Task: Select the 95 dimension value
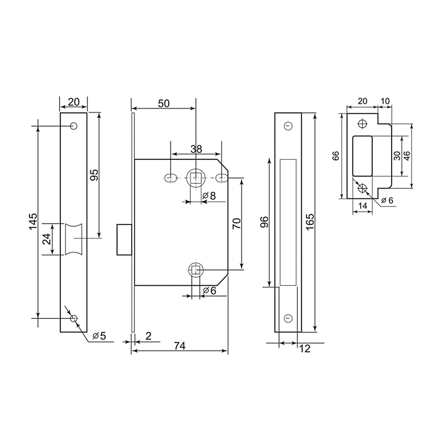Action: click(x=94, y=175)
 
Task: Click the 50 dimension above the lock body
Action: click(x=163, y=103)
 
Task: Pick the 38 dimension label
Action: click(x=196, y=149)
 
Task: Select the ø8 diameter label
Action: click(x=209, y=196)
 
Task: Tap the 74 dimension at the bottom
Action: click(x=179, y=346)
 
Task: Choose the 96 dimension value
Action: click(x=264, y=222)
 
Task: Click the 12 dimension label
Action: click(x=305, y=349)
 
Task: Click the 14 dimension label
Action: click(x=362, y=206)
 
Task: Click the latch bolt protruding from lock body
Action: click(x=124, y=240)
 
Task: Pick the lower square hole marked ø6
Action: click(x=196, y=270)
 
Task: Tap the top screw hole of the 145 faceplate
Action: click(x=74, y=126)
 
